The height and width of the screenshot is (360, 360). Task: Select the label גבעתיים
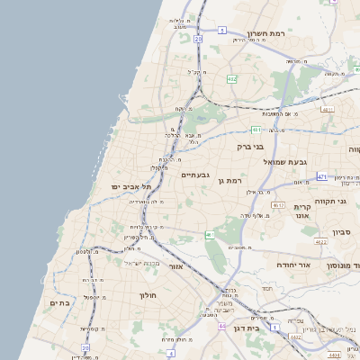pyautogui.click(x=195, y=175)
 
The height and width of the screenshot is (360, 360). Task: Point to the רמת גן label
pyautogui.click(x=231, y=181)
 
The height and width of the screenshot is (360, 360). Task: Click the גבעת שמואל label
pyautogui.click(x=287, y=161)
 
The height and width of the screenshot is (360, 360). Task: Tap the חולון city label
pyautogui.click(x=148, y=295)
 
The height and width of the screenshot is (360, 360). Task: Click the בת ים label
pyautogui.click(x=58, y=303)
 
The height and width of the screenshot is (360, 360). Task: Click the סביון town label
pyautogui.click(x=340, y=232)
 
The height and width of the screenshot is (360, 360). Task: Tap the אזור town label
pyautogui.click(x=176, y=266)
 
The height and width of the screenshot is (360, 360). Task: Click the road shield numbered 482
pyautogui.click(x=232, y=79)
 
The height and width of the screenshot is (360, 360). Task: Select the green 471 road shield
pyautogui.click(x=321, y=177)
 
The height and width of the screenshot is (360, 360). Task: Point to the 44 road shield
pyautogui.click(x=221, y=326)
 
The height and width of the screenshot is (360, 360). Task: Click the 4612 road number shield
pyautogui.click(x=278, y=205)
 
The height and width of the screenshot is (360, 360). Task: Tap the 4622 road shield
pyautogui.click(x=321, y=241)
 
